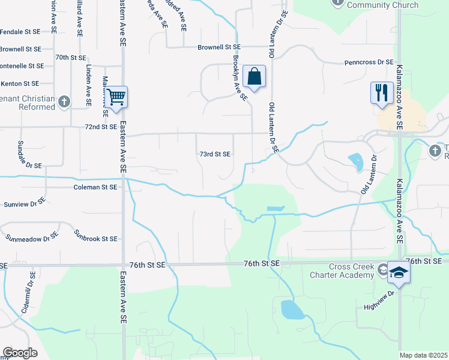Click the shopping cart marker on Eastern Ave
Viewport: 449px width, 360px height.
point(117,97)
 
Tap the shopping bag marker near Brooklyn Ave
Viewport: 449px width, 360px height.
point(255,77)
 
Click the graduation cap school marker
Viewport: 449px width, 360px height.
point(399,274)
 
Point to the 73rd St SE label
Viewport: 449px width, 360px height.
point(215,154)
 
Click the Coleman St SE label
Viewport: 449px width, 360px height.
point(95,187)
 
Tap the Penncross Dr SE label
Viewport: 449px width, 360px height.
point(369,62)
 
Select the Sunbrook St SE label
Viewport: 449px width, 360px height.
point(95,239)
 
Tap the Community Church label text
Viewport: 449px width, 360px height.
point(384,5)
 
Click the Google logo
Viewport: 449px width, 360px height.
point(20,353)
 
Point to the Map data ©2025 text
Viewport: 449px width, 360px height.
point(423,355)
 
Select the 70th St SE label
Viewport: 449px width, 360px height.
point(71,58)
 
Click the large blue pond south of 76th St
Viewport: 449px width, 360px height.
point(292,310)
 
